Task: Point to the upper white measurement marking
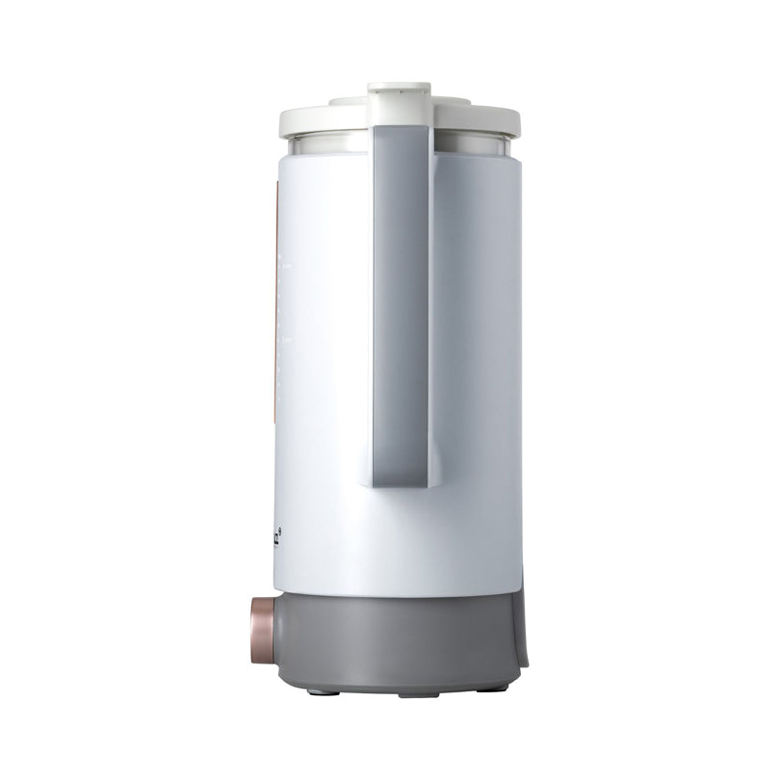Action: [x=283, y=261]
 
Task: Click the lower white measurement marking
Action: [x=283, y=339]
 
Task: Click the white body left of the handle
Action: [x=323, y=385]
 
